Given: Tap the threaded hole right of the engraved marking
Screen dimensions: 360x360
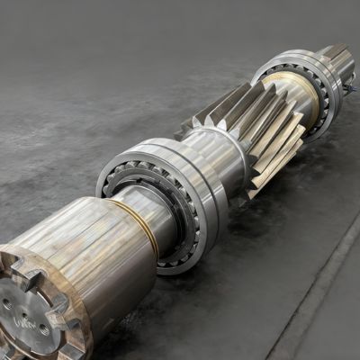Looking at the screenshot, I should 44,330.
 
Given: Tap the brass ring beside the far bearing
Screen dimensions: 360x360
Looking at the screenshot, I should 301,90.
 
